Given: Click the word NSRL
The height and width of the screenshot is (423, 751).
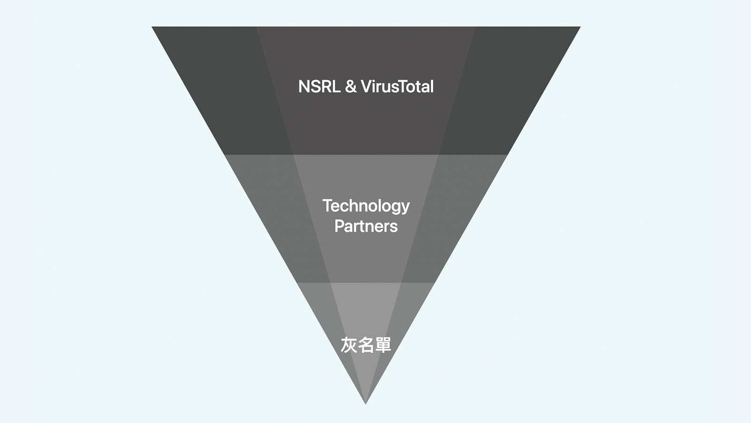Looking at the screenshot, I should (319, 87).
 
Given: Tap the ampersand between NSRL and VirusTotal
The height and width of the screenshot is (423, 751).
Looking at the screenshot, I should (351, 87).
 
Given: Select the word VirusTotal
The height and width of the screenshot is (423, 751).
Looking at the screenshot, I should (397, 87).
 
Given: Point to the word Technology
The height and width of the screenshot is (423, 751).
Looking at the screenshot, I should (366, 206).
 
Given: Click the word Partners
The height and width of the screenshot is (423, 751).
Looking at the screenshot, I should (366, 226).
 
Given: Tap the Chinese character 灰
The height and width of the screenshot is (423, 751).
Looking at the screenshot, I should (348, 345).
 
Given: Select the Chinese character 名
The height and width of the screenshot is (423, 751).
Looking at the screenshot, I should (366, 345).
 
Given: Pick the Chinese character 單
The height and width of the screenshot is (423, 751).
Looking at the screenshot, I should (383, 345).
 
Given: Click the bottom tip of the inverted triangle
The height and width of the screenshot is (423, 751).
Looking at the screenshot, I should (366, 404).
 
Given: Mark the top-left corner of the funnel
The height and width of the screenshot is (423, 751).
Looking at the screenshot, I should (152, 27).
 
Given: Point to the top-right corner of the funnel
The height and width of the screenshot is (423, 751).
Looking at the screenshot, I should (580, 27).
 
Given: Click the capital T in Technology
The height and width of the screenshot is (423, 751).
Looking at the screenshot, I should (327, 205).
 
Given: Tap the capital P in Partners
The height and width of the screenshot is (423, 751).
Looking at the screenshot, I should (339, 226).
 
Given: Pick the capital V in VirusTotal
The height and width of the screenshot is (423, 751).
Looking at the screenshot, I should (366, 87).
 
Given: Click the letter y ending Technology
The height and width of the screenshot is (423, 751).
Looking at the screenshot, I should (405, 208).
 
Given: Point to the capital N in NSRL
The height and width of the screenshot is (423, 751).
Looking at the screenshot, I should (304, 87).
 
